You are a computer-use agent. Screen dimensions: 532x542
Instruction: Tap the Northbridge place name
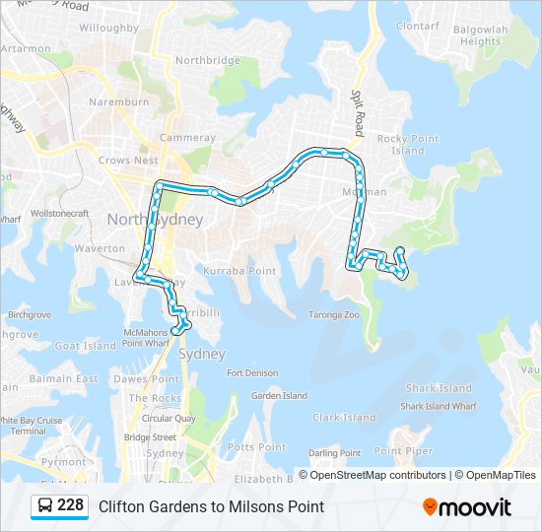click(207, 60)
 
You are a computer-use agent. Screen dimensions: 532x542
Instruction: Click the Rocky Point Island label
click(407, 145)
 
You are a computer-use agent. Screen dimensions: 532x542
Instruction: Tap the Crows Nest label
click(128, 160)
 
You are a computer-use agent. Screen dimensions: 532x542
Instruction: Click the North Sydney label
click(155, 219)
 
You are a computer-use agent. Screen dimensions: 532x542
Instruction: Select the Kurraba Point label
click(239, 270)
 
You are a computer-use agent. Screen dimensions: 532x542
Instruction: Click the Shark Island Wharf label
click(438, 406)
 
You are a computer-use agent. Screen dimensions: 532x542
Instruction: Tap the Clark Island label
click(344, 418)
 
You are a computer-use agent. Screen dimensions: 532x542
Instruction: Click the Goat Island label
click(86, 346)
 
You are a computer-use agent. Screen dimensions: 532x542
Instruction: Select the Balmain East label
click(64, 378)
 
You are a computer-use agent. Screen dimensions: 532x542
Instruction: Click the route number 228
click(70, 505)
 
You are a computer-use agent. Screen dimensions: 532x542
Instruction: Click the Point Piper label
click(403, 450)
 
